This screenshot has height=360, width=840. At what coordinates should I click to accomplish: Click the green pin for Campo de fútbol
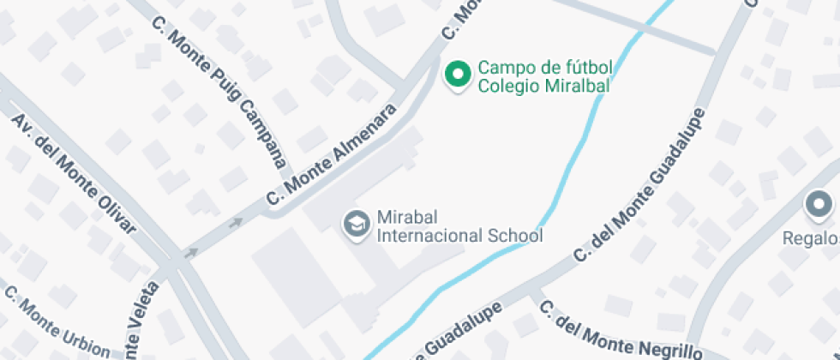(x=458, y=75)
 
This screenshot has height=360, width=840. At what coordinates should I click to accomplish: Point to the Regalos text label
(x=810, y=237)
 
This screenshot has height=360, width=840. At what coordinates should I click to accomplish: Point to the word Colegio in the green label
(x=507, y=85)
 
